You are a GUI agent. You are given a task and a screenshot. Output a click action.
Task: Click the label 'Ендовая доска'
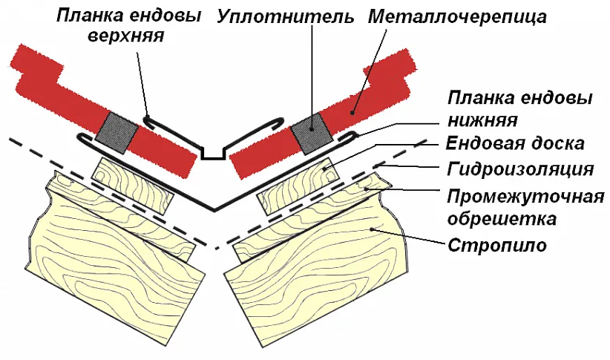click(x=516, y=143)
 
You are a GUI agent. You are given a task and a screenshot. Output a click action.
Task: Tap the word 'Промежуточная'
click(x=522, y=197)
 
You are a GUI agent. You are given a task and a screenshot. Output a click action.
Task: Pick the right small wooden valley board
click(x=297, y=186)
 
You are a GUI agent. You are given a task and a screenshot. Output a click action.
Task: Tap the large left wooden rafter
click(x=111, y=252)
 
